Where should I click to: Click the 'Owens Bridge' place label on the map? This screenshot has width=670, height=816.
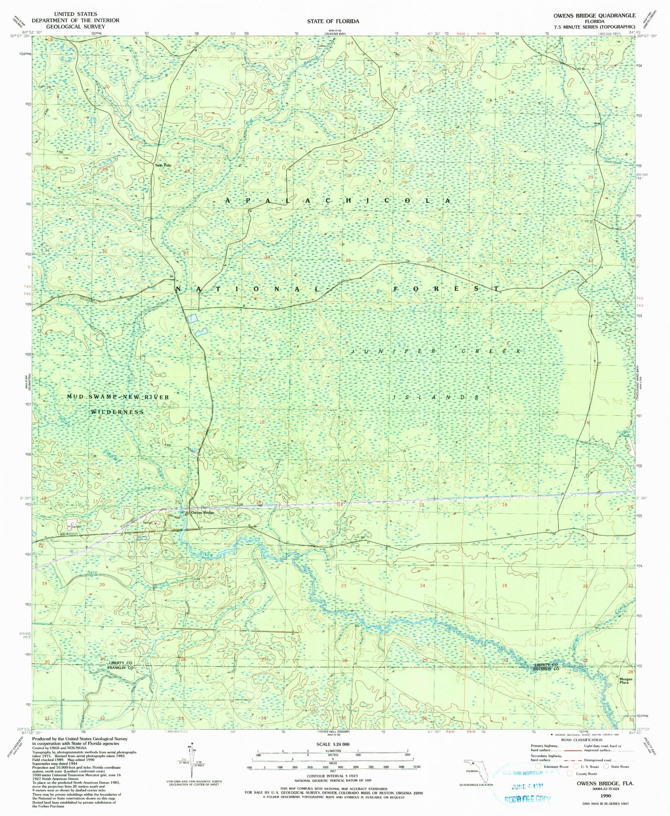click(x=203, y=513)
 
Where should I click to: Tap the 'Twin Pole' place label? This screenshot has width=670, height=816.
click(x=163, y=165)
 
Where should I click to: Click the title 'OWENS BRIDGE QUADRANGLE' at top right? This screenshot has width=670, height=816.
click(x=594, y=15)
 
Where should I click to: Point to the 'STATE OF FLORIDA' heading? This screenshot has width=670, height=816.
click(x=333, y=21)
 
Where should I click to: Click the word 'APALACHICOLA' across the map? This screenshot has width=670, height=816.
click(x=338, y=201)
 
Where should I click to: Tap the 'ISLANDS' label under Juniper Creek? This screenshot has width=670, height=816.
click(x=435, y=397)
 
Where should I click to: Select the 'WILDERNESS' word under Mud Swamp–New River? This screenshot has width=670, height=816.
click(x=118, y=412)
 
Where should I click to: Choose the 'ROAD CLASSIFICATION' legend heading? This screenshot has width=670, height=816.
click(x=582, y=740)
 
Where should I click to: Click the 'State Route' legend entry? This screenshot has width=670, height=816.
click(x=619, y=767)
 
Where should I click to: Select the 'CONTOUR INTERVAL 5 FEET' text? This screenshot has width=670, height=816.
click(x=332, y=776)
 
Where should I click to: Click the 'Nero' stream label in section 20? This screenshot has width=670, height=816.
click(x=92, y=572)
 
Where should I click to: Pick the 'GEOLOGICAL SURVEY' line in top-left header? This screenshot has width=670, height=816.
click(x=75, y=26)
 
